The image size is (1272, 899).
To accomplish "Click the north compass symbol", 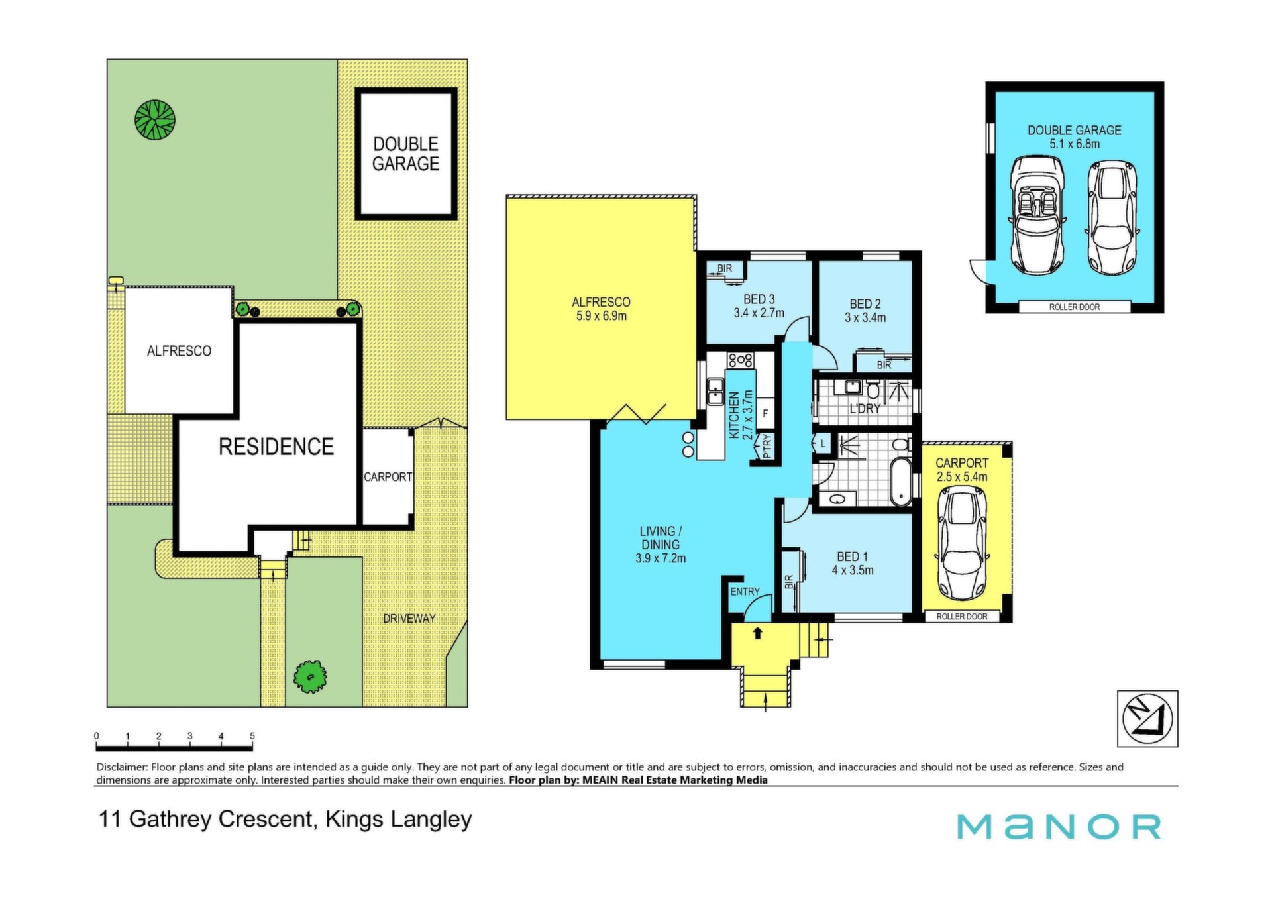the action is point(1147,719).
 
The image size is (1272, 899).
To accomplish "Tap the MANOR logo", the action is point(1059,826).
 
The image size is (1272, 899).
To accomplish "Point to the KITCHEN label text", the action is point(734,415).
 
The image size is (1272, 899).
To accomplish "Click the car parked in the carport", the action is point(962,543).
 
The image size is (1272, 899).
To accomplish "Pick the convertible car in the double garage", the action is point(1037,215).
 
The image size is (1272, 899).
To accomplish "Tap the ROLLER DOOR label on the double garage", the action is point(1075,307).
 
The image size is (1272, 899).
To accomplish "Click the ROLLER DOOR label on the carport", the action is point(962,616).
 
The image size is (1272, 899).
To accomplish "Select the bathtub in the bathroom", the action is point(900,481).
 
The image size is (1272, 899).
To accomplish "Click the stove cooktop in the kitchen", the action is point(740,360).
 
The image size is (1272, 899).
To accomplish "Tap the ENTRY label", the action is point(745,592).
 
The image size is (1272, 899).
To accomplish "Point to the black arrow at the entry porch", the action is point(758,633).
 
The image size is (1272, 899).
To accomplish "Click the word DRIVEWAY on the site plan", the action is point(409,618).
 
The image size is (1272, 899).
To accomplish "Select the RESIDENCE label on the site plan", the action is point(276,447).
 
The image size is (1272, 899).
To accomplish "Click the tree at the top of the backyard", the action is point(155,120).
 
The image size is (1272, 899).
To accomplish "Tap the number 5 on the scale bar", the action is point(252,736).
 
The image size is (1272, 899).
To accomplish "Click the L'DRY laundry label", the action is point(865,409).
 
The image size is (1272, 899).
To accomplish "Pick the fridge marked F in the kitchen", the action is point(765,413).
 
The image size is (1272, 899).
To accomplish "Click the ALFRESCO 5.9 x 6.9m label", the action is point(601,309).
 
